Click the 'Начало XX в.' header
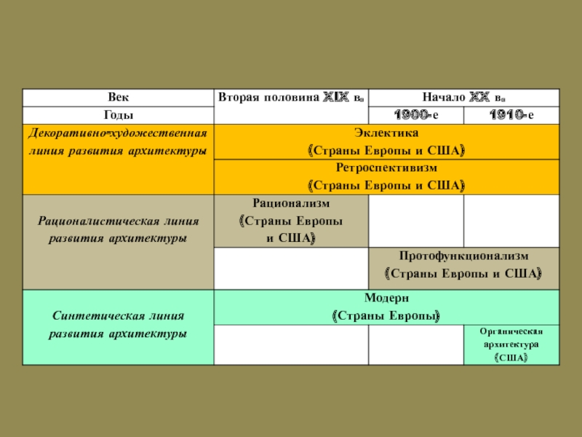click(x=464, y=98)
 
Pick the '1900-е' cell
click(x=416, y=115)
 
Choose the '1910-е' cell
click(x=511, y=115)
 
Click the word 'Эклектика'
click(x=386, y=133)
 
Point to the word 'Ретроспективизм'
click(x=386, y=168)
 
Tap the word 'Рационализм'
click(x=291, y=203)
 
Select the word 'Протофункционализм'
click(x=463, y=256)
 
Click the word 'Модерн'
click(x=386, y=298)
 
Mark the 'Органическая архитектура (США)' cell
click(x=511, y=345)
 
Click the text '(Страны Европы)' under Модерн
click(x=386, y=316)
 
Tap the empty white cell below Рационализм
click(x=291, y=268)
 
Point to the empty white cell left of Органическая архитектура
click(x=416, y=345)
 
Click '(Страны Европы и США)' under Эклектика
click(x=386, y=151)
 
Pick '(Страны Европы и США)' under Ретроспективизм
click(x=386, y=185)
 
